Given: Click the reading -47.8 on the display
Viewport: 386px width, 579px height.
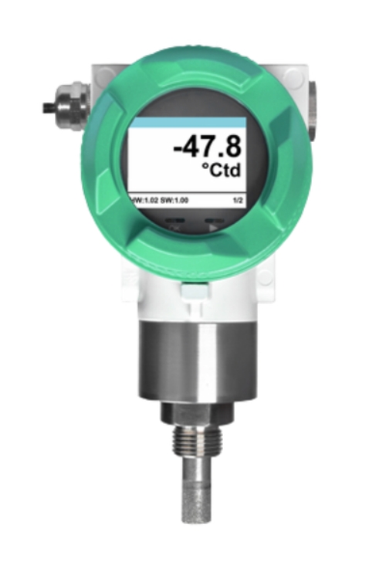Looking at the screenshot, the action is tap(207, 146).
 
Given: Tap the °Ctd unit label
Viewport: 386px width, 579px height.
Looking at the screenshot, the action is tap(222, 170).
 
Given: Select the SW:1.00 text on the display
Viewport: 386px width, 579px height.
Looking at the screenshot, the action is tap(174, 201).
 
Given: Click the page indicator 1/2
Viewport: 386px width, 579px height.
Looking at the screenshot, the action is tap(238, 201).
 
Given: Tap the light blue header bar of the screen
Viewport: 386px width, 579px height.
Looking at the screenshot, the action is tap(187, 123).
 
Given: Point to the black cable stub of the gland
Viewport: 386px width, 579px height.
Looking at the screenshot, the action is tap(49, 107).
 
